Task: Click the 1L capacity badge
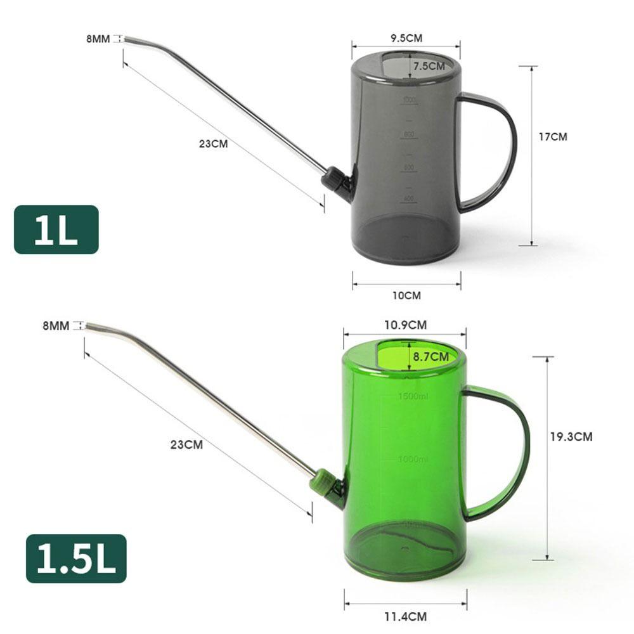pos(56,230)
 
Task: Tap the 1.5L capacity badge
pos(76,558)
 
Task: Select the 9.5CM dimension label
pos(406,38)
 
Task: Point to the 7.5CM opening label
pos(429,66)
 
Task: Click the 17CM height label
pos(553,136)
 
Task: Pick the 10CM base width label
pos(406,295)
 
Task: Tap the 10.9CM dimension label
pos(405,325)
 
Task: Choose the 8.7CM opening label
pos(430,357)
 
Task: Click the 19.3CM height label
pos(571,436)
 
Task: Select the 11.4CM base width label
pos(406,616)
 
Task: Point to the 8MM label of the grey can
pos(98,39)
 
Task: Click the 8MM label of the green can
pos(56,326)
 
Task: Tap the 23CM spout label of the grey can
pos(213,144)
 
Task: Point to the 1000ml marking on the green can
pos(413,458)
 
